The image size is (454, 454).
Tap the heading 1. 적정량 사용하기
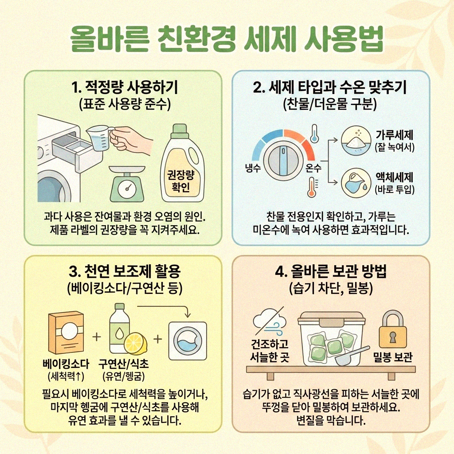click(x=122, y=88)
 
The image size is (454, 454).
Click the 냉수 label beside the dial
click(x=253, y=168)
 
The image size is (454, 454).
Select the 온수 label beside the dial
click(x=313, y=168)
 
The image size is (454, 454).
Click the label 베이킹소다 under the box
click(x=65, y=364)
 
